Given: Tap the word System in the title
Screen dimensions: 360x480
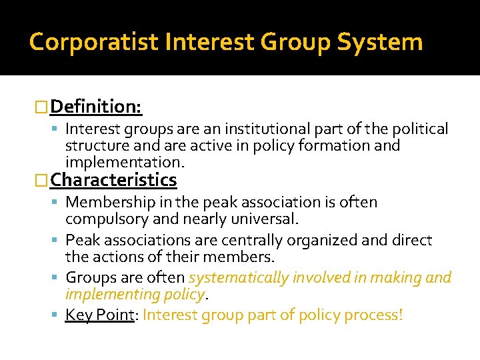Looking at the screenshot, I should click(x=380, y=42).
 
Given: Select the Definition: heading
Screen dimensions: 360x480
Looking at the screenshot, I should click(x=96, y=106).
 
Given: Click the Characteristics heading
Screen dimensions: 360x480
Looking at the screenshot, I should click(x=113, y=180).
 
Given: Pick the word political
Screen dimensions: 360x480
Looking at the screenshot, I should click(x=419, y=129).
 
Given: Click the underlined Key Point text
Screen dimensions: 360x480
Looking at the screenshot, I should click(x=101, y=315).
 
